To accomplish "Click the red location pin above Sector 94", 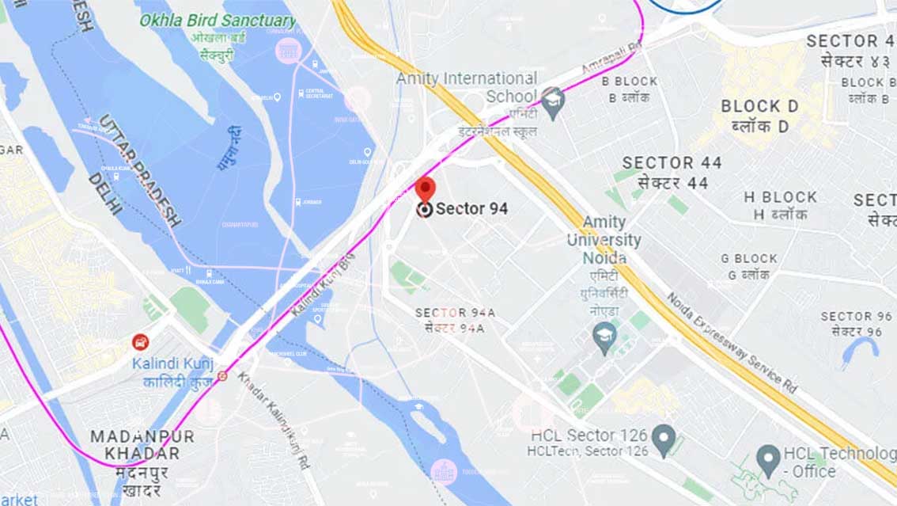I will point(425,189).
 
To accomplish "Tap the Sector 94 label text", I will point(471,209).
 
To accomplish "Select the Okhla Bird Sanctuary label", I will point(218,20).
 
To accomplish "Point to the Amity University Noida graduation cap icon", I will point(604,334).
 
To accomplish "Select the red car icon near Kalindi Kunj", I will point(139,342).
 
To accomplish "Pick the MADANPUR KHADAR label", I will point(142,445).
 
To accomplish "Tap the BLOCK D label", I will point(759,106).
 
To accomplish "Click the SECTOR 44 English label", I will point(672,163).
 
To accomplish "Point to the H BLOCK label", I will point(780,197).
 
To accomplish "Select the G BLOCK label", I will point(748,258).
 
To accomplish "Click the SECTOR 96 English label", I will point(856,316).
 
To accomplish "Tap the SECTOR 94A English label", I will point(455,313).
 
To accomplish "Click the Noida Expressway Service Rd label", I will point(732,342).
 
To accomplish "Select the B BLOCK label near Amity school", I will point(630,81).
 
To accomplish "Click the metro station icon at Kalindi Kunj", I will point(222,376).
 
